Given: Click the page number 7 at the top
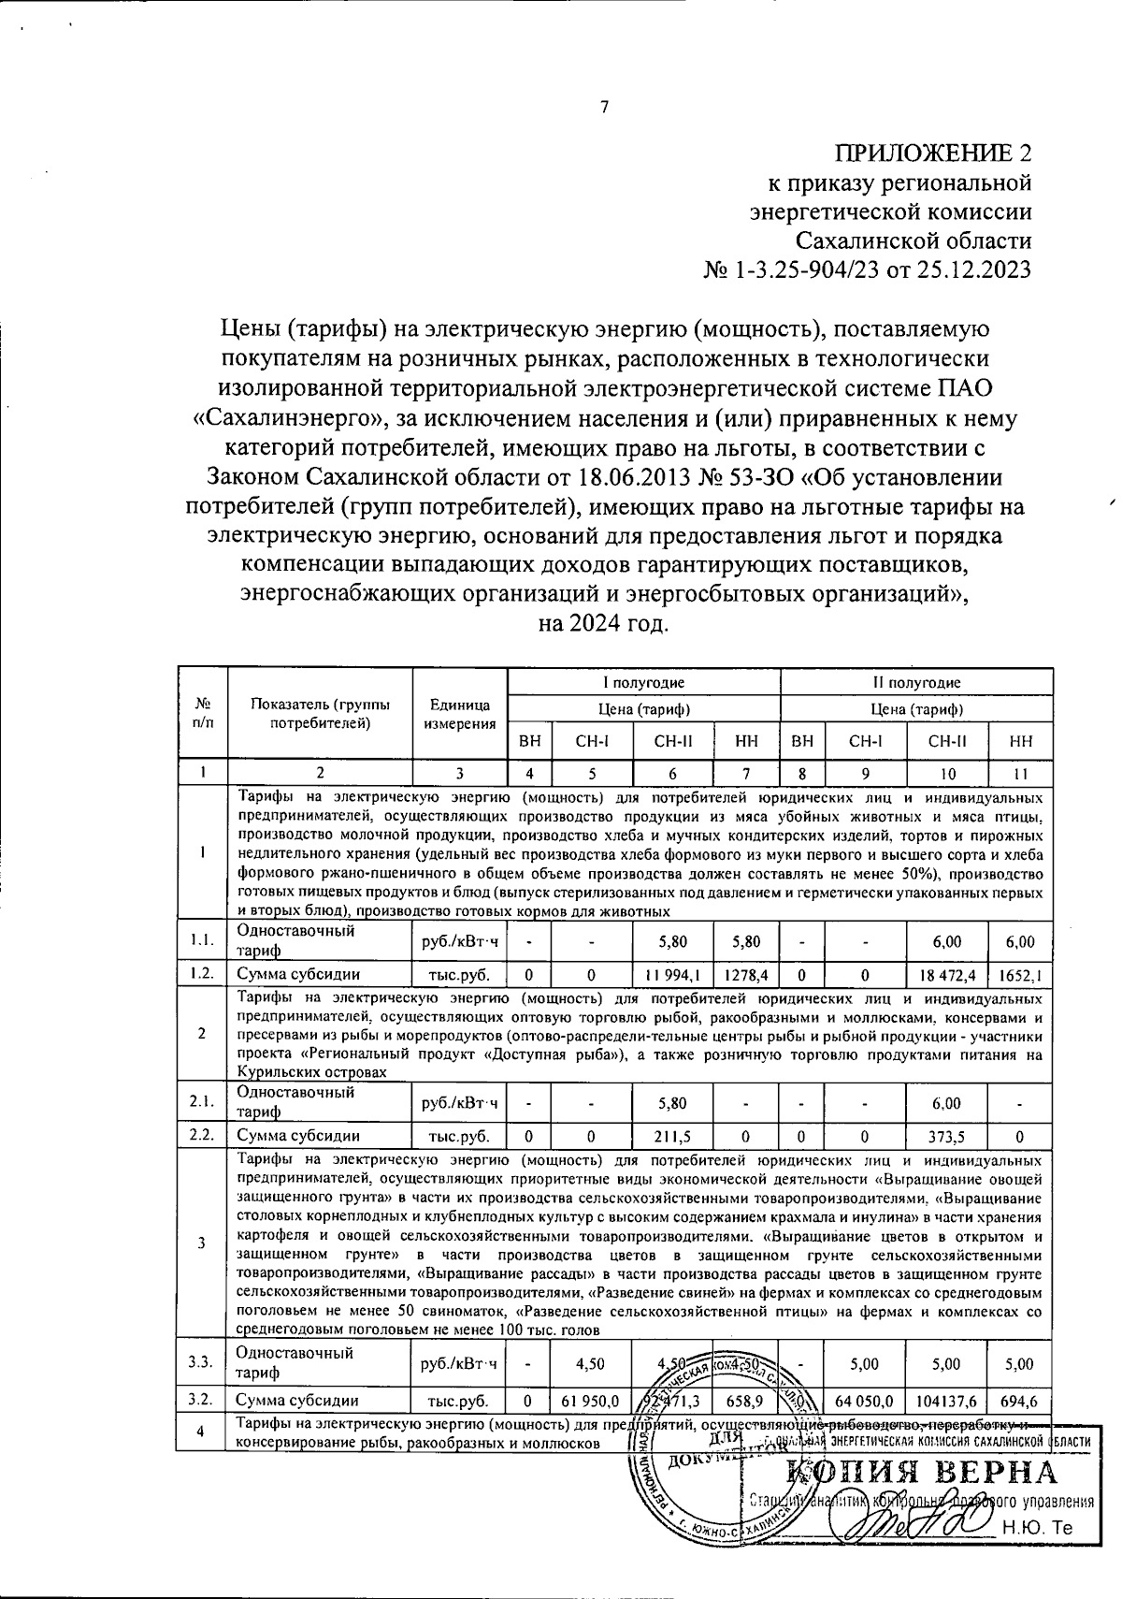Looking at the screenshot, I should (604, 107).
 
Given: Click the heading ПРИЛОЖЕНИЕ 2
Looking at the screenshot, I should (934, 153).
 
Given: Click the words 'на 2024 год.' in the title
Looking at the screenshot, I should (604, 622).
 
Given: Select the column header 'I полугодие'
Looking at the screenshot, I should (643, 683).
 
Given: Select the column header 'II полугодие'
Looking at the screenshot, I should (916, 683).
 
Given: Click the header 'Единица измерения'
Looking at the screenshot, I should (459, 714).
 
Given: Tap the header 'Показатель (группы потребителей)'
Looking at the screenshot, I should (320, 714).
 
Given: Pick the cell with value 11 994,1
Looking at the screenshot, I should (672, 974).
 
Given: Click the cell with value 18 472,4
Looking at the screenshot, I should (947, 974).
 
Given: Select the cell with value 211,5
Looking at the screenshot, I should (672, 1136).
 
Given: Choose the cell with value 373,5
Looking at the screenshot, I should (947, 1136).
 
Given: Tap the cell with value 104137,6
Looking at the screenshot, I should (947, 1400).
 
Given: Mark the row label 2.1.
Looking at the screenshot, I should (202, 1102).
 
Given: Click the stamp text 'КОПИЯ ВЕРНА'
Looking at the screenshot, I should (921, 1472).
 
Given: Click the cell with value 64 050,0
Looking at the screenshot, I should (866, 1400).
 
